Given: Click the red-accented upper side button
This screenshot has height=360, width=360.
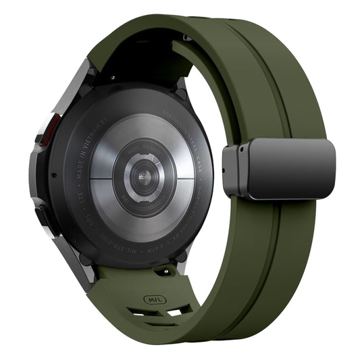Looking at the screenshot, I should coord(48,128).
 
